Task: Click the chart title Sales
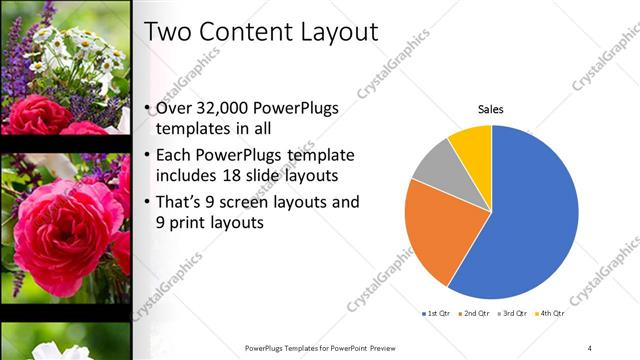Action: coord(490,108)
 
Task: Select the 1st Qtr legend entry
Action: coord(437,315)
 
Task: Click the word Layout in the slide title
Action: coord(337,32)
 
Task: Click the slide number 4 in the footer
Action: coord(590,347)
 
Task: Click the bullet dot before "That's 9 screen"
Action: coord(148,202)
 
